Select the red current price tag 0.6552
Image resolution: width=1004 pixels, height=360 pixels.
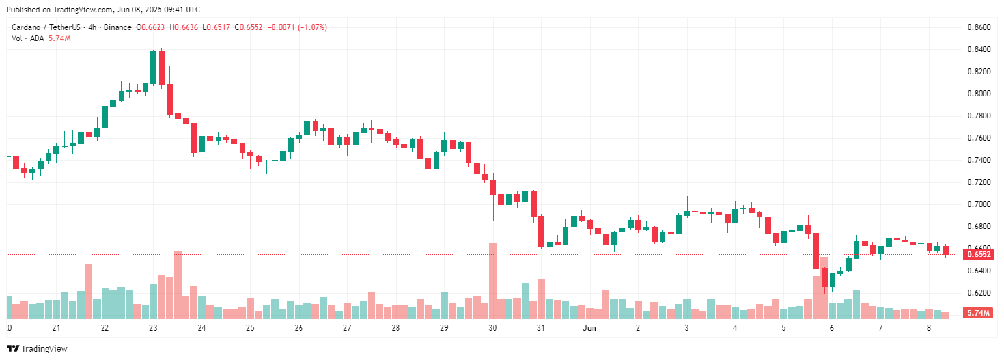[979, 254]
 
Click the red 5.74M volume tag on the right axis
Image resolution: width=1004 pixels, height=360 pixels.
[979, 313]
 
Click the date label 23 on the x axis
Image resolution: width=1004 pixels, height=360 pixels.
[153, 328]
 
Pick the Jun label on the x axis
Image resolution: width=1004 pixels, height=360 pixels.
[589, 328]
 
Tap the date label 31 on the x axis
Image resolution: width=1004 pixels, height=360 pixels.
[540, 328]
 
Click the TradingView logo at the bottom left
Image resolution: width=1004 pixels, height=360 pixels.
[36, 349]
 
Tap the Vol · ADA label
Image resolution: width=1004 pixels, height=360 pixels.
[28, 38]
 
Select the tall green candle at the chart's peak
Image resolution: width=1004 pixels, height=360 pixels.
[153, 68]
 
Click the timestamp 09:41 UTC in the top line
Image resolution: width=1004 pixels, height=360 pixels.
[181, 10]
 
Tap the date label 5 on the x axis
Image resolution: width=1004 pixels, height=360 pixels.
[783, 328]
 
